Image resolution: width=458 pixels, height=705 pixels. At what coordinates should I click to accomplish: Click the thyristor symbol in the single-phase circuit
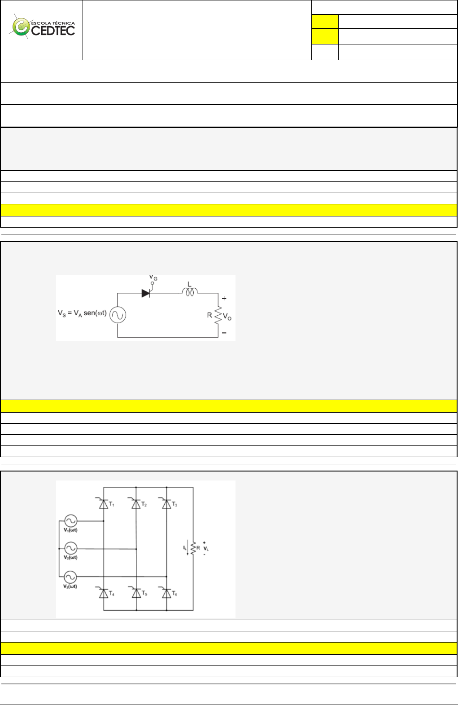[x=146, y=293]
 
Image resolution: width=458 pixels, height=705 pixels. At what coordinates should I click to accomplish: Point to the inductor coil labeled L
[x=190, y=292]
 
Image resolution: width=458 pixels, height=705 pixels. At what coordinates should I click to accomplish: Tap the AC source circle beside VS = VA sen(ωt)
[x=118, y=315]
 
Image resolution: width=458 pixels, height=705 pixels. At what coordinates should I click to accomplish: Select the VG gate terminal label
[x=153, y=278]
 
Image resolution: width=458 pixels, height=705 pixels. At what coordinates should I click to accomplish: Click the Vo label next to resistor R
[x=227, y=317]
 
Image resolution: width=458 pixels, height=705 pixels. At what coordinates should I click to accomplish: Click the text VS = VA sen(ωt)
[x=82, y=313]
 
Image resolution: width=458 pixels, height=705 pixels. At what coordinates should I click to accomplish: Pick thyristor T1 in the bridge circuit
[x=104, y=504]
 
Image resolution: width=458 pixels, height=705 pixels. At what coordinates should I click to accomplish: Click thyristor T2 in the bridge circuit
[x=136, y=504]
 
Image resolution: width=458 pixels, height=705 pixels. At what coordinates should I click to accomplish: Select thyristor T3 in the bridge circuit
[x=166, y=504]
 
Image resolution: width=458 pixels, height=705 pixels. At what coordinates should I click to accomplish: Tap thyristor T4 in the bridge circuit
[x=104, y=593]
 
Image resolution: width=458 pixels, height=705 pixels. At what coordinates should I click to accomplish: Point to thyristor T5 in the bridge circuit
[x=136, y=593]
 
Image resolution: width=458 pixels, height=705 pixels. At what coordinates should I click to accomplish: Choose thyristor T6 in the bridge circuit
[x=166, y=593]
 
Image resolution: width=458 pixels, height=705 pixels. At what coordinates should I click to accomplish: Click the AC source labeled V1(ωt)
[x=70, y=521]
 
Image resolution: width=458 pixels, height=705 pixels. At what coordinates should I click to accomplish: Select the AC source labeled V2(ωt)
[x=70, y=548]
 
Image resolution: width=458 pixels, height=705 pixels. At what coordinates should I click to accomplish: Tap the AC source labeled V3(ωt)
[x=70, y=577]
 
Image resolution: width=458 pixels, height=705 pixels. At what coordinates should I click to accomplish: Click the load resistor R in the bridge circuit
[x=193, y=548]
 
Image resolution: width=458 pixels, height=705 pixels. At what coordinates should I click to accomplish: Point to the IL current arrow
[x=187, y=549]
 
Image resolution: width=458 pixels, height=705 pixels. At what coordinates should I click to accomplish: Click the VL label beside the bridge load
[x=206, y=548]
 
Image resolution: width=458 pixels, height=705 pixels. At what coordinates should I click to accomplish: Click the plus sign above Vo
[x=224, y=298]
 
